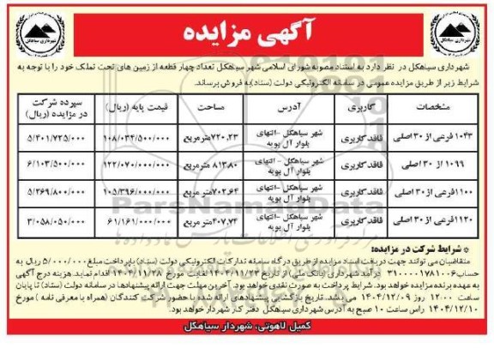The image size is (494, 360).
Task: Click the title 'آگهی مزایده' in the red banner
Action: pos(247,34)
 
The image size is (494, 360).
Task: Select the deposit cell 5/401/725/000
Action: pos(56,137)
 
